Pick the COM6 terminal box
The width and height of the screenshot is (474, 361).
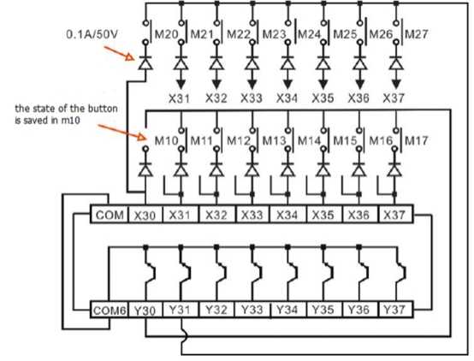tap(110, 309)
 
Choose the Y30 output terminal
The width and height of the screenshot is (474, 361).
tap(145, 309)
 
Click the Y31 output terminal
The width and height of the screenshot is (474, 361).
tap(181, 309)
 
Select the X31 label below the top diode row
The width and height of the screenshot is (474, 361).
tap(180, 98)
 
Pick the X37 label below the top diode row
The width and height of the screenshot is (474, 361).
tap(394, 98)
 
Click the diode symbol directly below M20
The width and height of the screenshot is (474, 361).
tap(145, 62)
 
